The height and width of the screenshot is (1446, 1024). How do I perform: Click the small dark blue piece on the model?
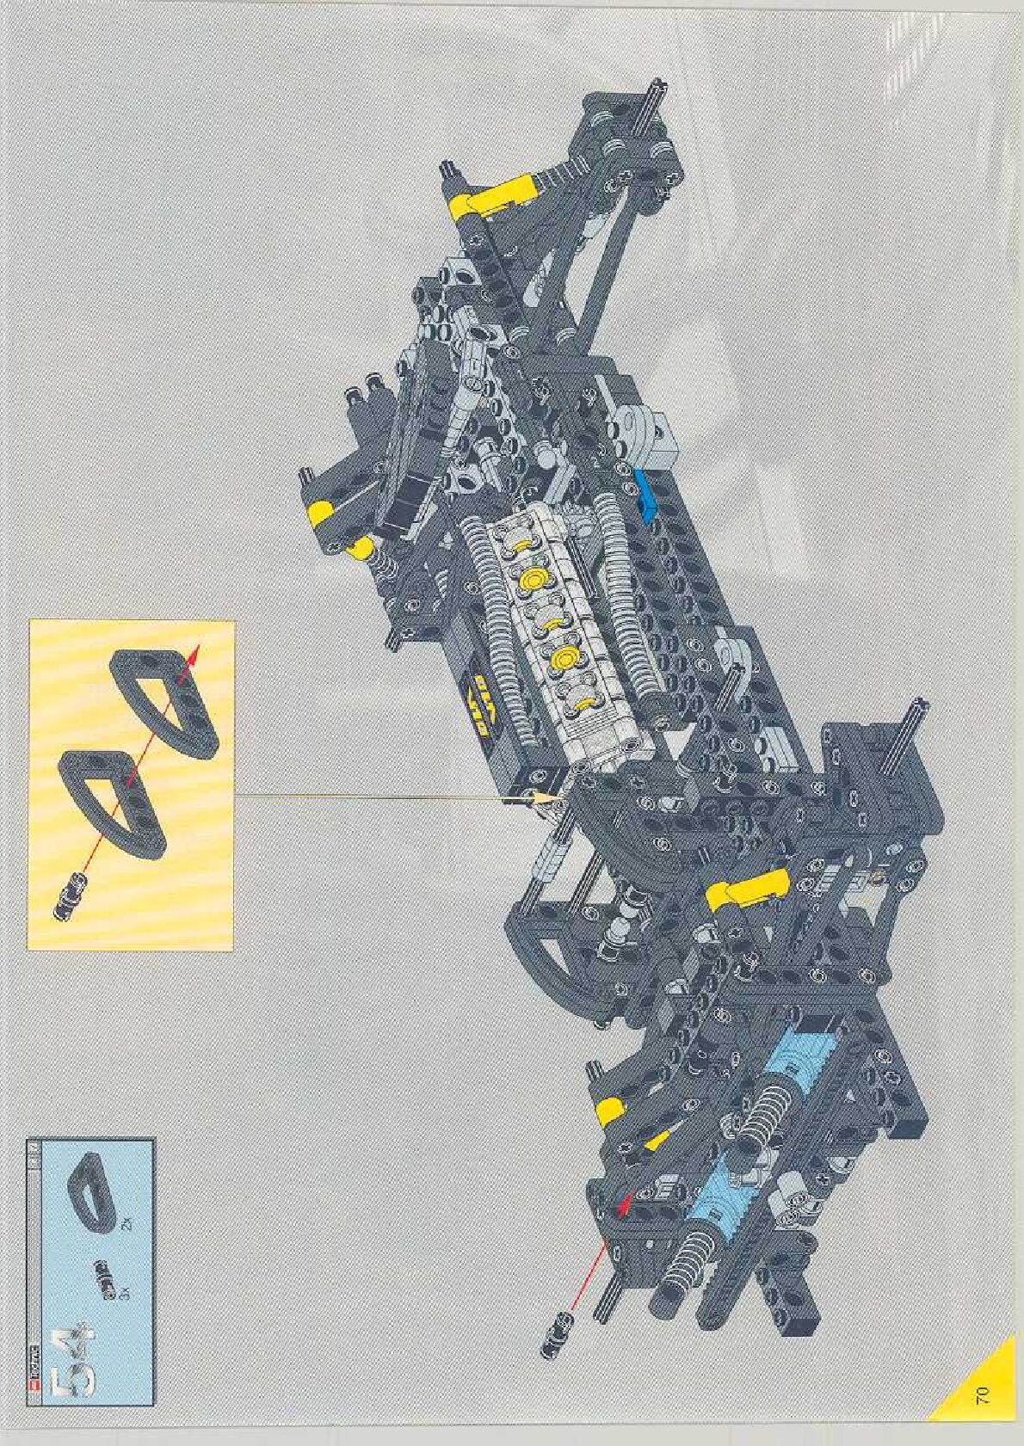tap(645, 493)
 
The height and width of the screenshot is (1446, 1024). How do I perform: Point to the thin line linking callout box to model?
tap(387, 797)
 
